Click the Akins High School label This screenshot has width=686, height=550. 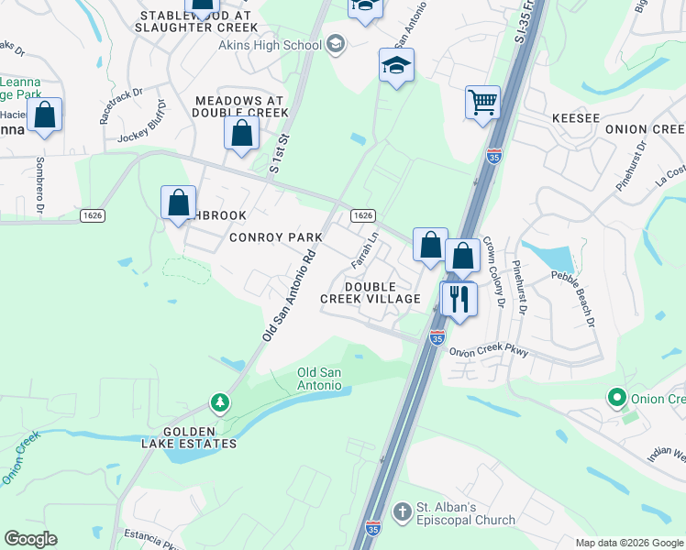click(275, 44)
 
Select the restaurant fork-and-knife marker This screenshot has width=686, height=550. click(459, 298)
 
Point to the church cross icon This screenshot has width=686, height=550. click(401, 511)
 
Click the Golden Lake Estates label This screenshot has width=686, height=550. click(200, 437)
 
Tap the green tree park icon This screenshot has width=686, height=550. click(219, 401)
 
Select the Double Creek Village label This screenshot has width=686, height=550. click(370, 292)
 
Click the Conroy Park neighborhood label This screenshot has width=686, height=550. click(276, 237)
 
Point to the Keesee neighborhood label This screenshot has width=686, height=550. click(576, 119)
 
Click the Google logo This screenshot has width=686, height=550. click(30, 539)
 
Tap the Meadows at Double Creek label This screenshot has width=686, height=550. click(240, 105)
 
